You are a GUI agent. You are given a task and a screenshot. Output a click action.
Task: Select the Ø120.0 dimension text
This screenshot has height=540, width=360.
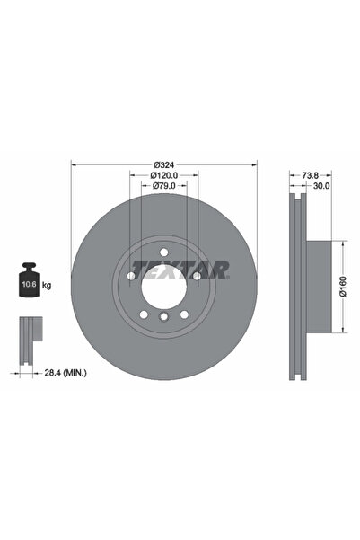coord(163,175)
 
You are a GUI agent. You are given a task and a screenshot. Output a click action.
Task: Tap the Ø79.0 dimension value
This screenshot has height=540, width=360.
coord(163,186)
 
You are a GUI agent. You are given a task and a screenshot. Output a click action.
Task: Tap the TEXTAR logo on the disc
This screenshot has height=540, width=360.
coord(180,268)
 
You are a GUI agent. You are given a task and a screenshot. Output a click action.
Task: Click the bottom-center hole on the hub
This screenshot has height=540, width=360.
coord(163,317)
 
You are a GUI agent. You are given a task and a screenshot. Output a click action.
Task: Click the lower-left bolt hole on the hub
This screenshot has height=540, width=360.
coord(144,314)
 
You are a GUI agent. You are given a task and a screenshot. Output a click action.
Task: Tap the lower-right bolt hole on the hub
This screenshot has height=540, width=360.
coord(183,314)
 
